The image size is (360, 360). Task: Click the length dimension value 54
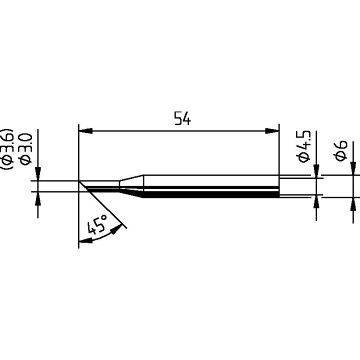point(182,119)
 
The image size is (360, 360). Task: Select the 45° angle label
point(97,225)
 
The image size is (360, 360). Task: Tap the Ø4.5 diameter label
point(304,145)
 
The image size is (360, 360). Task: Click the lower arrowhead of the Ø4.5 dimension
point(316,202)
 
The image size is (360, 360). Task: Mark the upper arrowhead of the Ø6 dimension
point(354,168)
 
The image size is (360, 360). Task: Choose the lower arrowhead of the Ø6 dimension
point(354,204)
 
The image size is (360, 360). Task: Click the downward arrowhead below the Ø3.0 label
point(38,174)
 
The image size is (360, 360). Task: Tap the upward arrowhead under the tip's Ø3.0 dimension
point(38,198)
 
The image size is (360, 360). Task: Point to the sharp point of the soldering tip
point(79,181)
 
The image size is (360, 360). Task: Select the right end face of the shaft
point(278,186)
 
